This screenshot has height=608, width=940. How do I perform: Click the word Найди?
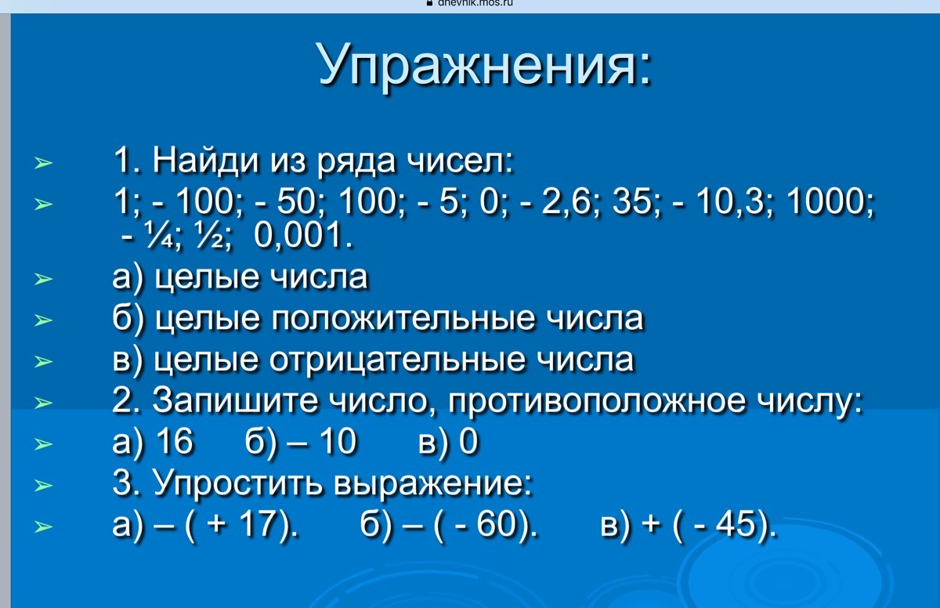pos(204,161)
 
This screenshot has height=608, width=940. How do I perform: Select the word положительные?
pos(403,319)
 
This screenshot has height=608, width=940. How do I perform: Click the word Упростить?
pos(237,483)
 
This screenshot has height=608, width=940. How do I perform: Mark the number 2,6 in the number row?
pos(573,202)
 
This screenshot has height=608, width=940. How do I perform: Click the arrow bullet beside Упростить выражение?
pos(43,486)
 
